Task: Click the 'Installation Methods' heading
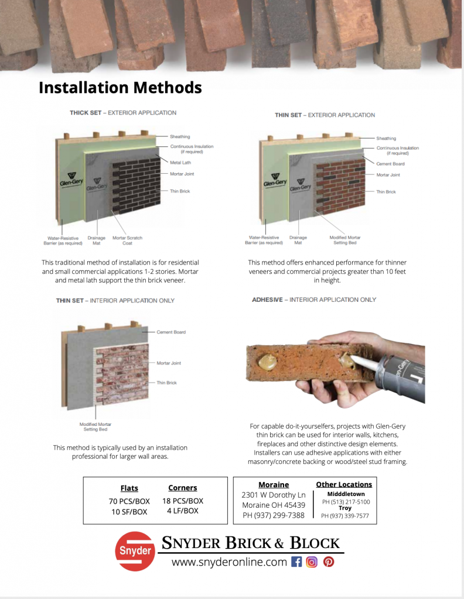[x=120, y=88]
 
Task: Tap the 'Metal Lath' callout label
[x=180, y=163]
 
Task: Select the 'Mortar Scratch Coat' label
[x=127, y=240]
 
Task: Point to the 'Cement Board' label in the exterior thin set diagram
[x=390, y=164]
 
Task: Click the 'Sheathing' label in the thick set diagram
[x=180, y=136]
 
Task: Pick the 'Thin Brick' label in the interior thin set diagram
[x=166, y=383]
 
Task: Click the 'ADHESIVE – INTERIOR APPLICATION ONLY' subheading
[x=314, y=299]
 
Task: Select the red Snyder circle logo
[x=135, y=551]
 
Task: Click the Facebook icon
[x=296, y=562]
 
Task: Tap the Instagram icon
[x=312, y=562]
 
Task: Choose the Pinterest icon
[x=329, y=562]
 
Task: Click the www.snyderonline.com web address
[x=230, y=562]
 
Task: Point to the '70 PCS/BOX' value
[x=129, y=501]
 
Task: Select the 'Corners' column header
[x=183, y=488]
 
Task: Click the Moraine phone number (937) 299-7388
[x=274, y=515]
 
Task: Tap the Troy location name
[x=344, y=508]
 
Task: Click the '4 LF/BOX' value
[x=183, y=511]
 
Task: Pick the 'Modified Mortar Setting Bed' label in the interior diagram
[x=95, y=426]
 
